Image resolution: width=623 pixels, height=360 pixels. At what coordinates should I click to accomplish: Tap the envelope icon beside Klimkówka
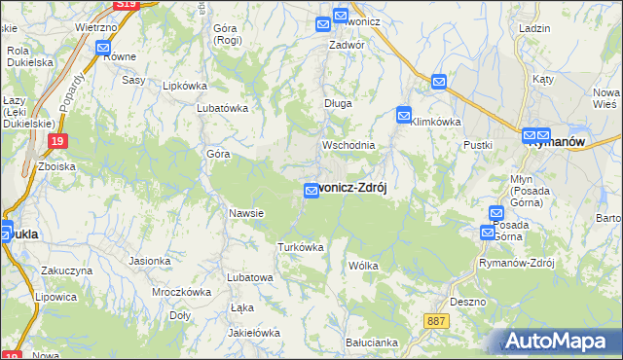(x=404, y=116)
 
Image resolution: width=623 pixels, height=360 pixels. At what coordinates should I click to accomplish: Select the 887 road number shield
(x=437, y=320)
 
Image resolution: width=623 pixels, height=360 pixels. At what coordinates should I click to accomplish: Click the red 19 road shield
(x=57, y=142)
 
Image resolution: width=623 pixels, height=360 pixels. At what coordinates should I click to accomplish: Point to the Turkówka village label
(x=300, y=247)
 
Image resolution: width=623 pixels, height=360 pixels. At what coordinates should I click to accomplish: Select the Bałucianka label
(x=371, y=342)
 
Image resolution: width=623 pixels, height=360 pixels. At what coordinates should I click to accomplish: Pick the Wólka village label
(x=362, y=265)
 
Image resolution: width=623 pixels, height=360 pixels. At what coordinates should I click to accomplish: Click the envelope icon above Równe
(x=103, y=46)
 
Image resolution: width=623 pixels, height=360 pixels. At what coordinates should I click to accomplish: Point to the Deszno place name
(x=468, y=302)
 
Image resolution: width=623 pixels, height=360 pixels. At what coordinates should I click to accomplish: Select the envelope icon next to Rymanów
(x=531, y=137)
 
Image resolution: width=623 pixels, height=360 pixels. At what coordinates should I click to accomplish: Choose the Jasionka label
(x=150, y=261)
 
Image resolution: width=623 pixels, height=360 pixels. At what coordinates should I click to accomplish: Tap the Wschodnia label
(x=348, y=145)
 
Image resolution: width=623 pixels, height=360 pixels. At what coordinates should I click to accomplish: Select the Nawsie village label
(x=246, y=213)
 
